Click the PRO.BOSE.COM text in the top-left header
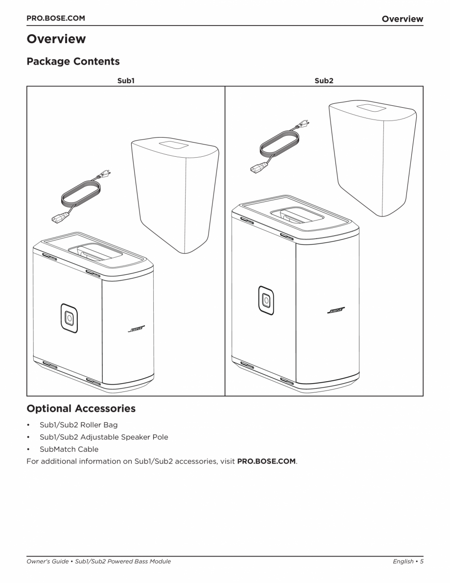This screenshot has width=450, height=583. (55, 18)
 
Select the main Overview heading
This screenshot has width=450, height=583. (56, 39)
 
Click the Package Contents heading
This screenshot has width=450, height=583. (73, 62)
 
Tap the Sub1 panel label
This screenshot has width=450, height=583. (126, 80)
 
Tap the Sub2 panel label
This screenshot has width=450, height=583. (324, 80)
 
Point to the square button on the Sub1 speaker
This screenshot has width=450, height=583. (69, 317)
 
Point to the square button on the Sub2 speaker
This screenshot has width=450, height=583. (266, 300)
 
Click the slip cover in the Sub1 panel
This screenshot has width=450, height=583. (174, 194)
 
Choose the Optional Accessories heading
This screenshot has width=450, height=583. (81, 409)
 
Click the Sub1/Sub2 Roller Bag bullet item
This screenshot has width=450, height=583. (78, 425)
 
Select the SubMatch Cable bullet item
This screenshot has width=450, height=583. (69, 449)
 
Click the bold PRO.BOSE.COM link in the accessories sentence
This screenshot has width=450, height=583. (266, 462)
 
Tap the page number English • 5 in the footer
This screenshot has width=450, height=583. (407, 561)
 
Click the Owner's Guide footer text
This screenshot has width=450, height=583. (98, 561)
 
